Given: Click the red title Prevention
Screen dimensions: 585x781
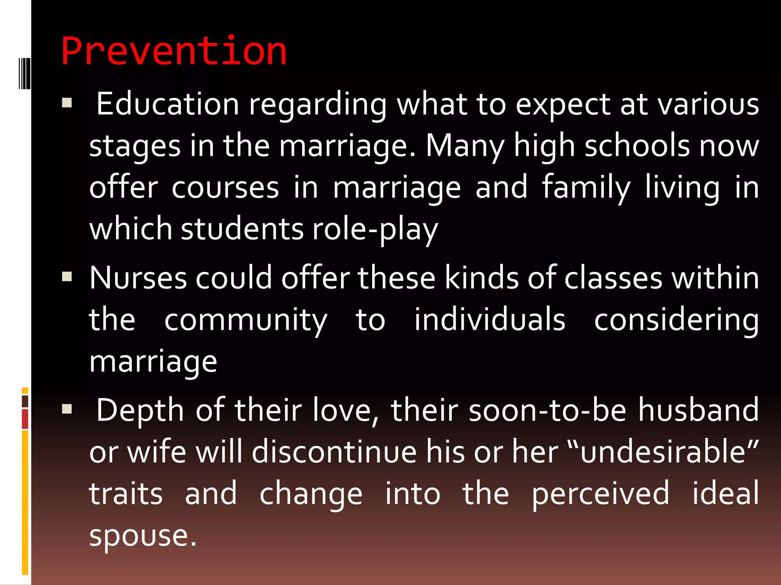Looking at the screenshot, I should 174,51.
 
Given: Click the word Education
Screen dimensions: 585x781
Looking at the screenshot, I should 167,104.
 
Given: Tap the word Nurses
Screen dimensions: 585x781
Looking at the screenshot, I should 138,278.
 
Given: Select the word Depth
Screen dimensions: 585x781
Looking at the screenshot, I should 140,410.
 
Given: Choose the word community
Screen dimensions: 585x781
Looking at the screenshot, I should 246,320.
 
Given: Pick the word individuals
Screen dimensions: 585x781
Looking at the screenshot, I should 490,320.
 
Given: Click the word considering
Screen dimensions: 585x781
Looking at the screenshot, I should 677,320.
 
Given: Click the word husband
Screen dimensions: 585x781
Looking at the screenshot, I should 699,410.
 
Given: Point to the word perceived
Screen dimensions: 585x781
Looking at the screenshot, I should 600,494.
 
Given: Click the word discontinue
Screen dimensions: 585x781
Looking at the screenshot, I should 334,452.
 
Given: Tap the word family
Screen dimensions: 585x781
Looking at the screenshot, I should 587,188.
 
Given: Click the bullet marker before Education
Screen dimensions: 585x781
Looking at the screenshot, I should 67,103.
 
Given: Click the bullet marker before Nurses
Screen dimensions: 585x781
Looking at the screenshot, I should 67,276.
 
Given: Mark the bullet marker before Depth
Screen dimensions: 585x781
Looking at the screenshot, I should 67,409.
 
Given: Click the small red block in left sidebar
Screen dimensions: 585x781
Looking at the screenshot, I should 25,419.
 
